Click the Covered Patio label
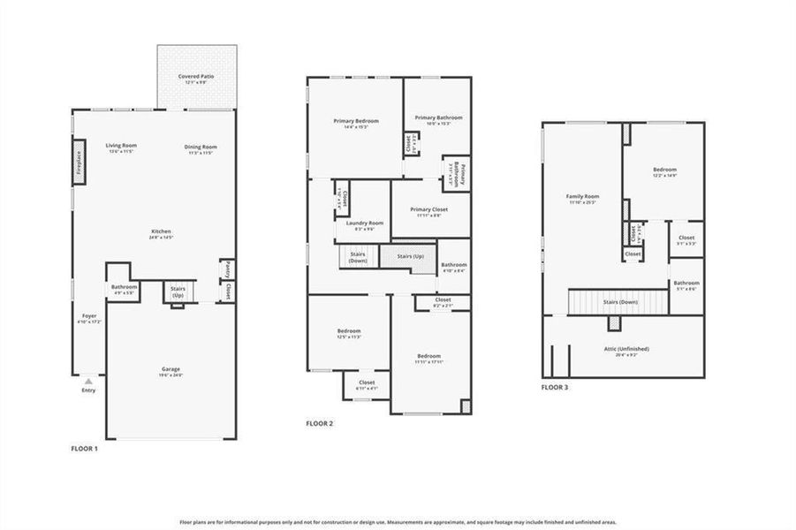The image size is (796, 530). click(x=196, y=77)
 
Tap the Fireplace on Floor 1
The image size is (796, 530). click(x=78, y=163)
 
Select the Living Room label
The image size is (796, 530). click(x=120, y=147)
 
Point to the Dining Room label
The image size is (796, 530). click(x=201, y=147)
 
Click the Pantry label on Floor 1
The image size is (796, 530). click(x=226, y=268)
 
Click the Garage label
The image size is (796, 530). click(x=171, y=369)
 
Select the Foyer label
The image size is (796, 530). click(x=89, y=315)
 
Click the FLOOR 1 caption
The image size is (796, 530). click(x=85, y=449)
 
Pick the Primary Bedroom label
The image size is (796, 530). click(x=356, y=120)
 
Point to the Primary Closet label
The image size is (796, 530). click(x=430, y=209)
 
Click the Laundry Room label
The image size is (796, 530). click(x=363, y=223)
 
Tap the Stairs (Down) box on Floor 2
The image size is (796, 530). click(x=358, y=258)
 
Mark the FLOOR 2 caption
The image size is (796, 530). click(x=319, y=424)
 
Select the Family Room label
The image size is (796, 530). click(x=582, y=196)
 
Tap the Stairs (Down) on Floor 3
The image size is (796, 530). click(x=620, y=302)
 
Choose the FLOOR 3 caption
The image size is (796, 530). click(x=556, y=387)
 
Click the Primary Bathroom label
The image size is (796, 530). click(x=438, y=117)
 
